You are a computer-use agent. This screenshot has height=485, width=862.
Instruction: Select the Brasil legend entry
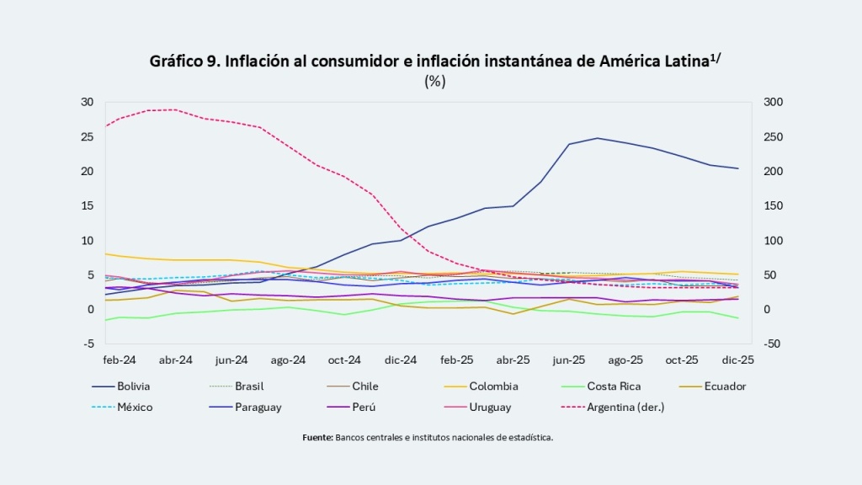248,386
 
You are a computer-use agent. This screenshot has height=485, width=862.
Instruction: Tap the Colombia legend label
493,386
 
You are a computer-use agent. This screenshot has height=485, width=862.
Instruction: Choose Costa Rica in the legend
614,386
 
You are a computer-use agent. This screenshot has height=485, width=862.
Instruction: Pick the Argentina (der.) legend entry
625,407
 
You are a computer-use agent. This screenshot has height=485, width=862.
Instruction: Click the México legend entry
136,407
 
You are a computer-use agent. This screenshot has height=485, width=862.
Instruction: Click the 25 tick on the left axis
87,136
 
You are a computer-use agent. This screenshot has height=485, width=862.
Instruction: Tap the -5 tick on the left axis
88,344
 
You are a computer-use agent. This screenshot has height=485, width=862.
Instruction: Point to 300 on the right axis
773,102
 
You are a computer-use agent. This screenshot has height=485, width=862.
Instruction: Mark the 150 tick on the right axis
773,205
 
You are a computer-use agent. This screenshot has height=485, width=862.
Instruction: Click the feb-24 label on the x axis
120,360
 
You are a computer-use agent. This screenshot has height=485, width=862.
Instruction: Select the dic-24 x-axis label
401,360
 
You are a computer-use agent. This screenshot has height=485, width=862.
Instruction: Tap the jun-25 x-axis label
569,360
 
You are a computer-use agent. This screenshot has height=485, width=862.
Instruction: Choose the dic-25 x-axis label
738,360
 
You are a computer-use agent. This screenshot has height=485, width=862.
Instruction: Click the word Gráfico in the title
177,61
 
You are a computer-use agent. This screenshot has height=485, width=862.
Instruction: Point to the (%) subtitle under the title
435,81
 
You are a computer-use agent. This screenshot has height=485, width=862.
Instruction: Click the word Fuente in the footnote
317,438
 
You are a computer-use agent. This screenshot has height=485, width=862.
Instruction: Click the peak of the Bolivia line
597,138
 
